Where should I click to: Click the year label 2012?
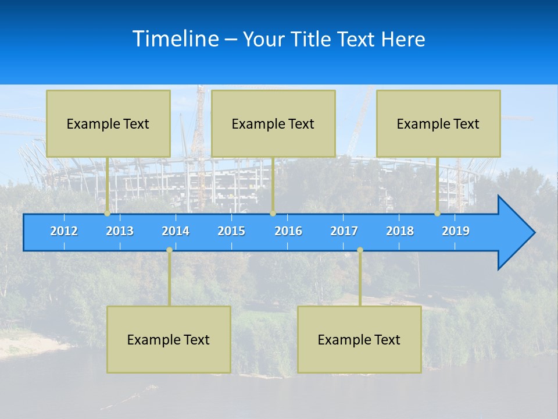tap(64, 231)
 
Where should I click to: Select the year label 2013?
tap(120, 231)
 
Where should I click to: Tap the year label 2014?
tap(176, 231)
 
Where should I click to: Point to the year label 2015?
tap(231, 231)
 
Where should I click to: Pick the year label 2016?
tap(288, 231)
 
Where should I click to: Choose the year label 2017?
tap(344, 231)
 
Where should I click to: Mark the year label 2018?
tap(400, 231)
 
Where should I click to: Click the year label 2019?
tap(456, 231)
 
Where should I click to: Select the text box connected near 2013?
tap(108, 123)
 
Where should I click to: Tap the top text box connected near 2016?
tap(273, 123)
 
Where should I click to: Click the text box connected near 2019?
tap(438, 123)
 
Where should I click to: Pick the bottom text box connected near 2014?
tap(169, 339)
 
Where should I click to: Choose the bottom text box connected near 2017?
tap(359, 339)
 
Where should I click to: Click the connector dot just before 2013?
tap(108, 214)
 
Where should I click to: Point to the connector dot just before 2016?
tap(273, 214)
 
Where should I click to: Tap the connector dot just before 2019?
tap(438, 214)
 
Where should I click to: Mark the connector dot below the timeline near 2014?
tap(169, 250)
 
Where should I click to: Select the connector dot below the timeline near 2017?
tap(360, 250)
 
